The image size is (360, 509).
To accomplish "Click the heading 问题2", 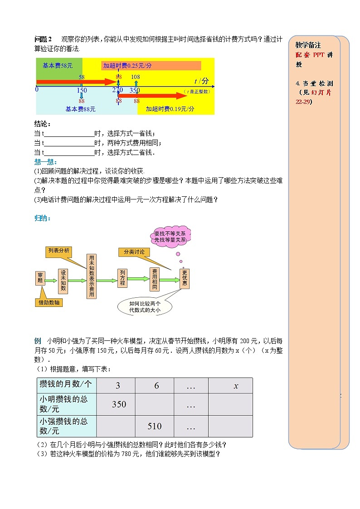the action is pyautogui.click(x=44, y=39).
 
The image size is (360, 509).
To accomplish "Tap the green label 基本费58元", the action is pyautogui.click(x=58, y=65).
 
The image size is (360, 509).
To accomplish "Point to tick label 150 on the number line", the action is pyautogui.click(x=82, y=90).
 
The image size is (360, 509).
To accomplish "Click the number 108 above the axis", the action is pyautogui.click(x=136, y=77).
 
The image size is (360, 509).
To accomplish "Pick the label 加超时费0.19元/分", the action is pyautogui.click(x=170, y=109).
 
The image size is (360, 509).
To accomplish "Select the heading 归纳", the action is pyautogui.click(x=43, y=218).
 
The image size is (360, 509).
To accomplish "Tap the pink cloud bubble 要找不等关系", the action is pyautogui.click(x=170, y=236).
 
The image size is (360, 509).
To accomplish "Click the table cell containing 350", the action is pyautogui.click(x=119, y=404).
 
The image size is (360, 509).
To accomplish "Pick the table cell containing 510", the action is pyautogui.click(x=155, y=426).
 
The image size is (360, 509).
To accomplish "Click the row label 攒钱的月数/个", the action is pyautogui.click(x=66, y=385).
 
